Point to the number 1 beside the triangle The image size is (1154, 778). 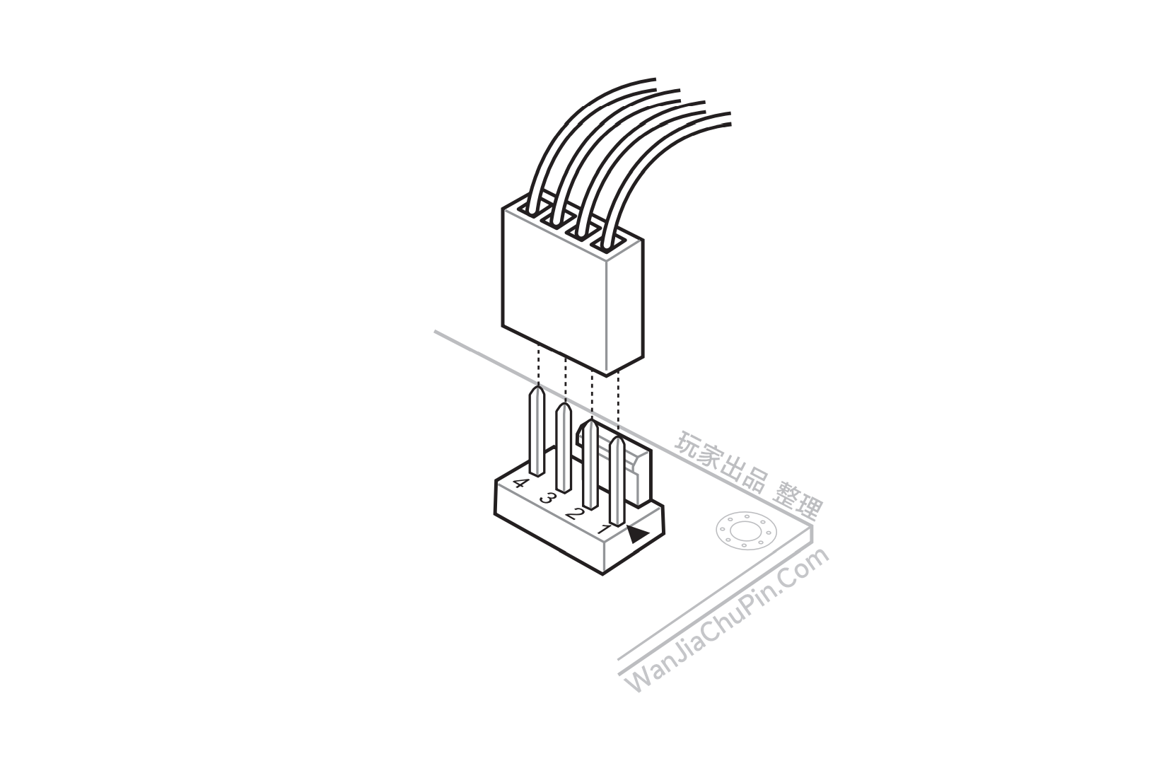(x=605, y=528)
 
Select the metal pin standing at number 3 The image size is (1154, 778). (x=564, y=447)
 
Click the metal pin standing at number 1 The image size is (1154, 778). (x=617, y=480)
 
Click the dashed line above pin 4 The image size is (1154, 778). (x=538, y=365)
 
